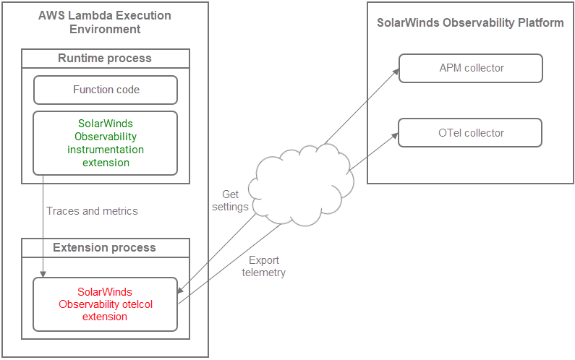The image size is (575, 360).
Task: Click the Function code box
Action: point(106,90)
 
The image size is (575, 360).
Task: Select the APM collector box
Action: point(470,68)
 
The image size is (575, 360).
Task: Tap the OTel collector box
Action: point(470,133)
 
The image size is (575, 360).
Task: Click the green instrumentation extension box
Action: point(106,143)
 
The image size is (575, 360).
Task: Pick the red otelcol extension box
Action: point(106,304)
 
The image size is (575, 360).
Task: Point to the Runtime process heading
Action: point(106,59)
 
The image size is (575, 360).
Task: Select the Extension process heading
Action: point(106,247)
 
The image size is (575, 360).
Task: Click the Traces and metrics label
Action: point(92,211)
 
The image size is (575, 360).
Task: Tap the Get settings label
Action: point(230,200)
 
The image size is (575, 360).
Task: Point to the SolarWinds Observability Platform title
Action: point(470,22)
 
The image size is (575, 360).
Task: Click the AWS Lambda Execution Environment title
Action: point(106,22)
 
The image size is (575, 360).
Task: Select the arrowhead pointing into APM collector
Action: point(396,71)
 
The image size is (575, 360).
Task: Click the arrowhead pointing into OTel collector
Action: point(395,135)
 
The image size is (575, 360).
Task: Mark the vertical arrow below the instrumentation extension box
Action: point(43,224)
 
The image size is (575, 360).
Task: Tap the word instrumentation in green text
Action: point(106,150)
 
